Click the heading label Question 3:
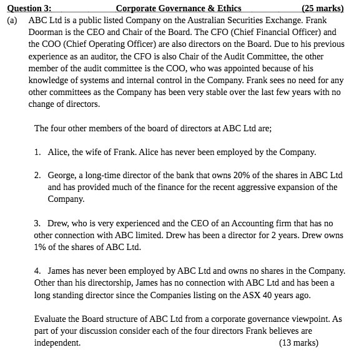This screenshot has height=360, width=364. (x=29, y=9)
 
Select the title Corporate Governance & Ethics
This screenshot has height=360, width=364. (x=178, y=9)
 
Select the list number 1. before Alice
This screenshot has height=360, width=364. (x=39, y=152)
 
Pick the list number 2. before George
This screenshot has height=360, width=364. (x=39, y=176)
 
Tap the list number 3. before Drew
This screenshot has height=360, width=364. (x=39, y=223)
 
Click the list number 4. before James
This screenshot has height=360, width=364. (x=39, y=271)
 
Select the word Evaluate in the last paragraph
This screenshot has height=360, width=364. (x=52, y=319)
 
